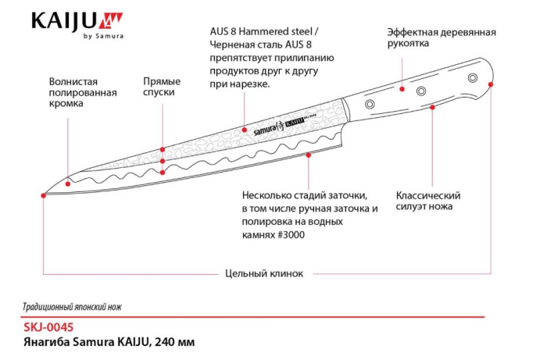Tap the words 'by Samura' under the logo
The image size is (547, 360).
tap(103, 36)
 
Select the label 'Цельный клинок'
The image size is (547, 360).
tap(263, 273)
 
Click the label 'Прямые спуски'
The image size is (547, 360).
tap(162, 87)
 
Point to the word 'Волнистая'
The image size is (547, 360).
tap(73, 80)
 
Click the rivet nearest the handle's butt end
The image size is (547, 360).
tap(472, 77)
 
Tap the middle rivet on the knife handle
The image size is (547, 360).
tap(421, 91)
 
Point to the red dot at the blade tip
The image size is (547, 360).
tap(43, 195)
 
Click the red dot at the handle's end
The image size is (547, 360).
tap(491, 84)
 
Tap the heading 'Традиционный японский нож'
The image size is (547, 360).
tap(73, 307)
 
